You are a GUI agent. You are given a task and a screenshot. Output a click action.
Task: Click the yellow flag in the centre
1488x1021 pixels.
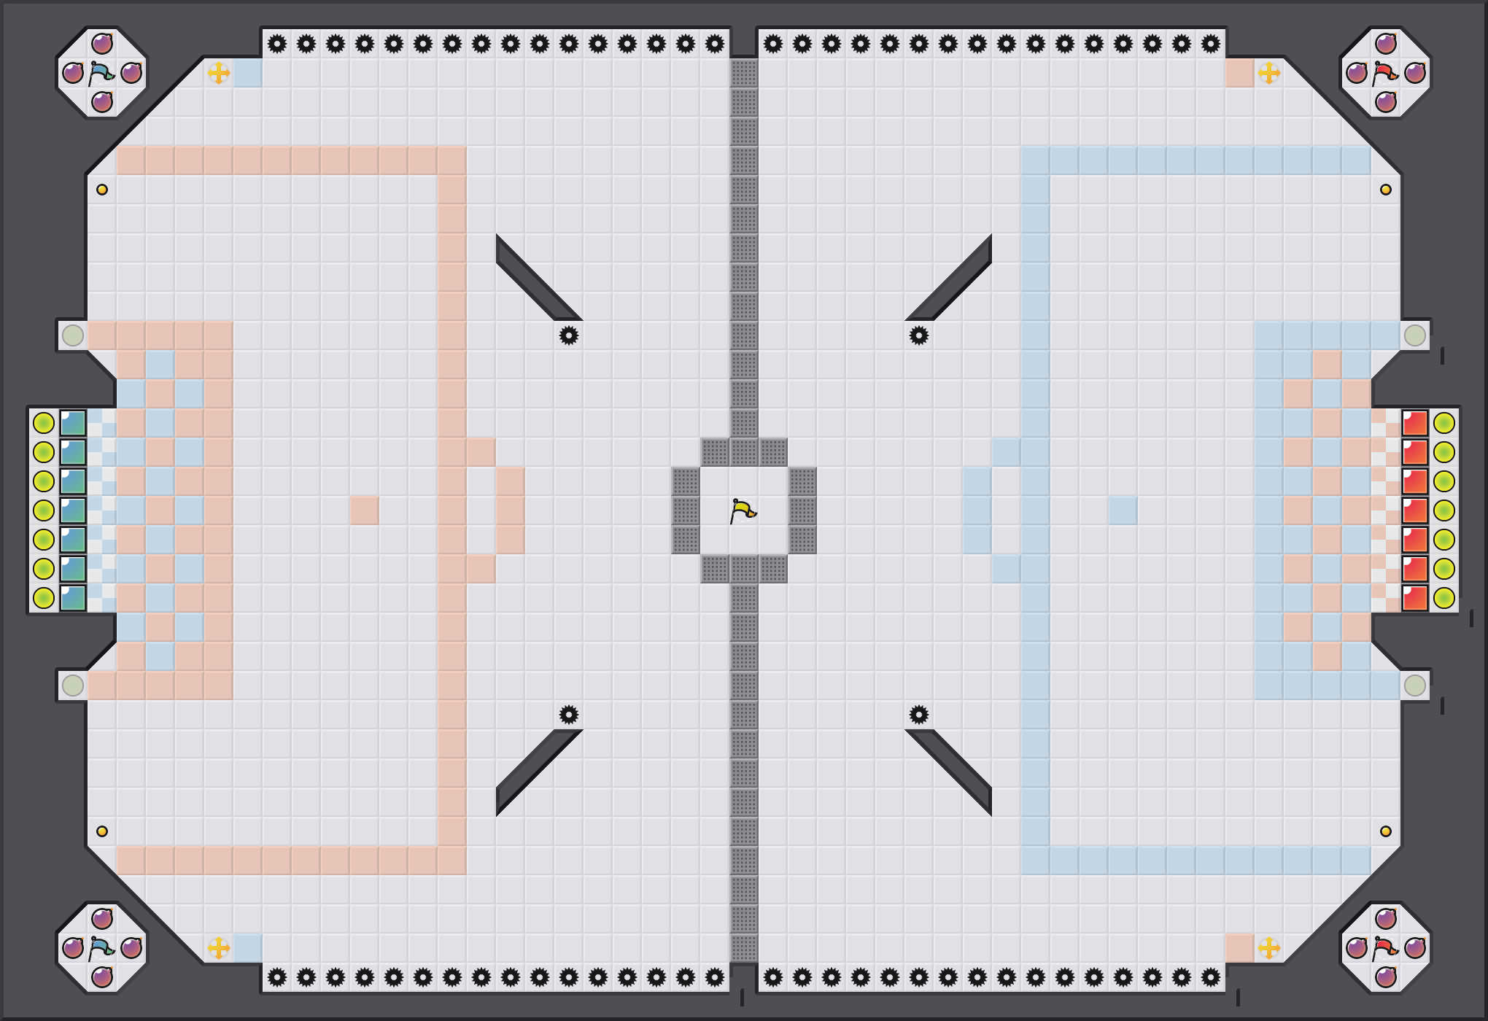(x=743, y=510)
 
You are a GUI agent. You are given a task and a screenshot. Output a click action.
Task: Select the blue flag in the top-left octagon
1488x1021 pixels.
(x=101, y=73)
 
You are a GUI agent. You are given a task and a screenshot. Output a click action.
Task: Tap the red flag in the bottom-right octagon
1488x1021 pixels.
(x=1385, y=948)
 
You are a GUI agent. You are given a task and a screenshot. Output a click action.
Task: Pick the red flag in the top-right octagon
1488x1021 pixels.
(x=1385, y=73)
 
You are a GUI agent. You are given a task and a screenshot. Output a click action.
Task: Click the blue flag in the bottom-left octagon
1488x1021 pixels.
(x=101, y=948)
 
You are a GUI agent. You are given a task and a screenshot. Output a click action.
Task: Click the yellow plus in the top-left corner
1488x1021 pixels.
(x=219, y=73)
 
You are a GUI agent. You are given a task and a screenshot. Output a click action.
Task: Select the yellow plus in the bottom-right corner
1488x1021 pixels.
(x=1269, y=948)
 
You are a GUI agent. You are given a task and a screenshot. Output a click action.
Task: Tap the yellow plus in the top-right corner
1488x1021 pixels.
(x=1269, y=73)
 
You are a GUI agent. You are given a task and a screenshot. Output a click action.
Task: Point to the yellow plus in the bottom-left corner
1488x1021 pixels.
(x=219, y=948)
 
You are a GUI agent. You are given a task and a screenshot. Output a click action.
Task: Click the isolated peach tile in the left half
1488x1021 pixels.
(x=365, y=510)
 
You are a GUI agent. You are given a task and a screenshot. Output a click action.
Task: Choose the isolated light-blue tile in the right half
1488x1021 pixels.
(x=1123, y=510)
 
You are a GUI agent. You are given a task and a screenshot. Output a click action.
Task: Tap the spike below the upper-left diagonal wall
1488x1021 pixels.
(x=569, y=335)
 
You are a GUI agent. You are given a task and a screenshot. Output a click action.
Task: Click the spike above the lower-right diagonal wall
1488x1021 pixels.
(x=919, y=715)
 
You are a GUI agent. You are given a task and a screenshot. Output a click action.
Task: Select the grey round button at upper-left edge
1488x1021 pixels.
(x=73, y=335)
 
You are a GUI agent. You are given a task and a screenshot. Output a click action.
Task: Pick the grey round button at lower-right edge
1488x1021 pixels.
(x=1415, y=686)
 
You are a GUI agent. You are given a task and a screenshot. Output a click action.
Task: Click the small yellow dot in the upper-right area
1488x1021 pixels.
(x=1386, y=190)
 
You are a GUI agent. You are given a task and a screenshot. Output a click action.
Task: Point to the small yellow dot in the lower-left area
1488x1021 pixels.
(x=102, y=831)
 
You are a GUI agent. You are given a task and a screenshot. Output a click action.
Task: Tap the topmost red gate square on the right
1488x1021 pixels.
(x=1415, y=423)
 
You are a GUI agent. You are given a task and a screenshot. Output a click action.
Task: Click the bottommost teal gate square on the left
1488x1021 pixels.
(x=73, y=598)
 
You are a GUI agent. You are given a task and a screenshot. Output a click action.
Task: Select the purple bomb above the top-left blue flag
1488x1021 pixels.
(x=102, y=44)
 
